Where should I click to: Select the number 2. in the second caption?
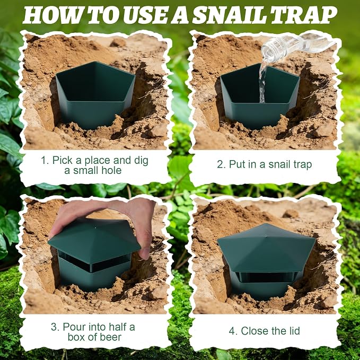point(221,164)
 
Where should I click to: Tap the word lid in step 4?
point(293,331)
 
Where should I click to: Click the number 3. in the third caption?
point(55,327)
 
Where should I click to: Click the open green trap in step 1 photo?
point(95,94)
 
